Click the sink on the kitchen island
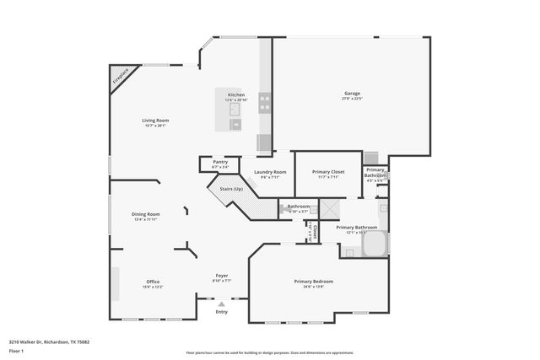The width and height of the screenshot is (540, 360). click(235, 125)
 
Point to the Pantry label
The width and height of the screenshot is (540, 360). click(220, 162)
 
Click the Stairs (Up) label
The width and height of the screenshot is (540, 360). click(231, 189)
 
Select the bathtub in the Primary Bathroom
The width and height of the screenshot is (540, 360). click(374, 245)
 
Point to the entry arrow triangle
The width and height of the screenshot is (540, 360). click(222, 304)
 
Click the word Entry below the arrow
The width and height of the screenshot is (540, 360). click(222, 312)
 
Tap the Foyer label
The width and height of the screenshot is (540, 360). click(222, 276)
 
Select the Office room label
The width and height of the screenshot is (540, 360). click(153, 282)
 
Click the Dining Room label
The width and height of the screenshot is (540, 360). click(146, 214)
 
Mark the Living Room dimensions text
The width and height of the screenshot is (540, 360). click(154, 126)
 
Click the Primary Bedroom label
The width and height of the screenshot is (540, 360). click(314, 281)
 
